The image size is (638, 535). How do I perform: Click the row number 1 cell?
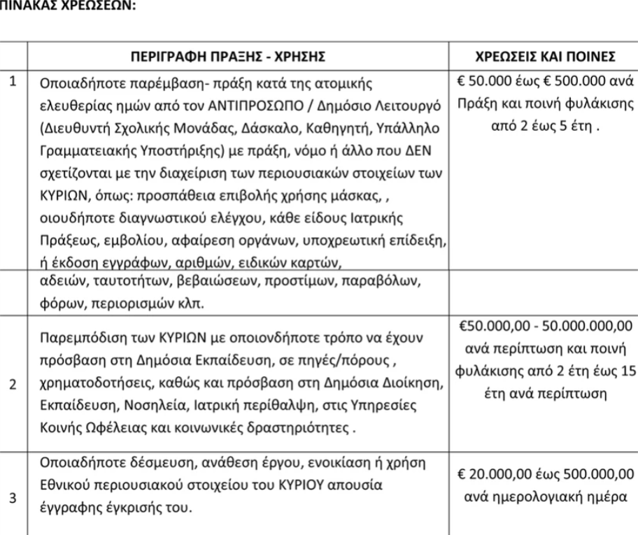pyautogui.click(x=13, y=82)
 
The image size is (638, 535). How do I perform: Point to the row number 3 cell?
pyautogui.click(x=13, y=500)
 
